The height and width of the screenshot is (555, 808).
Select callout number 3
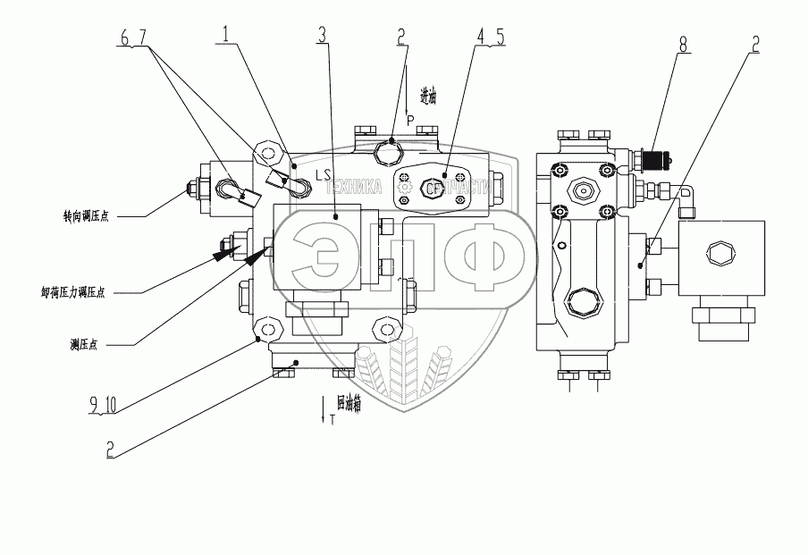click(322, 36)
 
